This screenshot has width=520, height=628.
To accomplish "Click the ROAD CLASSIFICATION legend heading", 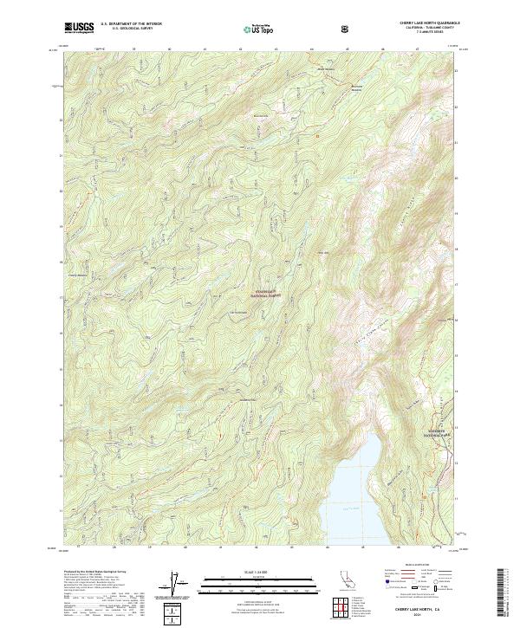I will point(419,571).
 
